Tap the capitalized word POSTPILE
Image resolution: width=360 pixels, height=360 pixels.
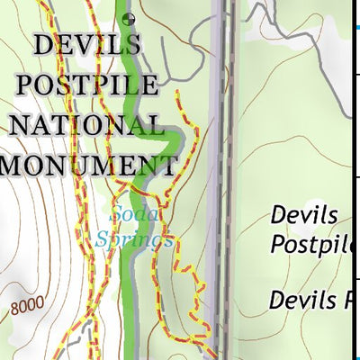(88, 87)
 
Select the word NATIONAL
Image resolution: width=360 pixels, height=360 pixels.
(88, 126)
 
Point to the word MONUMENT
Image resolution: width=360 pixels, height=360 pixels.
(88, 165)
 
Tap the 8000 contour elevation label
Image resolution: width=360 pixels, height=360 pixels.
(27, 307)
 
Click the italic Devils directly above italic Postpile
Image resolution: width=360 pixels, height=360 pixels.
(304, 216)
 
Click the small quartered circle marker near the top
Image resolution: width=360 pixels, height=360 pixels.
(131, 17)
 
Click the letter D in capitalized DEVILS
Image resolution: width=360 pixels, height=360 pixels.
(45, 48)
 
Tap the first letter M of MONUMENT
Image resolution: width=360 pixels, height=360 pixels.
(16, 165)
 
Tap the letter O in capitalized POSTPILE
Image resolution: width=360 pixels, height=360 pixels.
(47, 87)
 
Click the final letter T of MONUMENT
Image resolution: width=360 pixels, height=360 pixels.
(165, 165)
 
